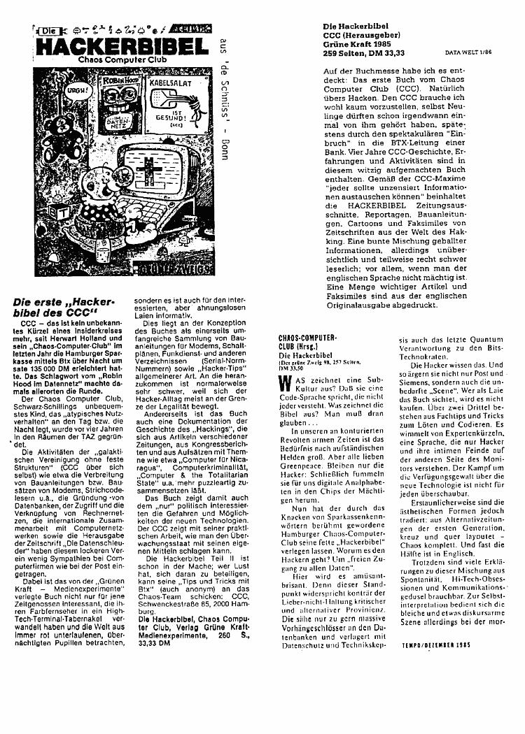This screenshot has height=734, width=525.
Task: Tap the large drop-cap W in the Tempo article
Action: point(284,384)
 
